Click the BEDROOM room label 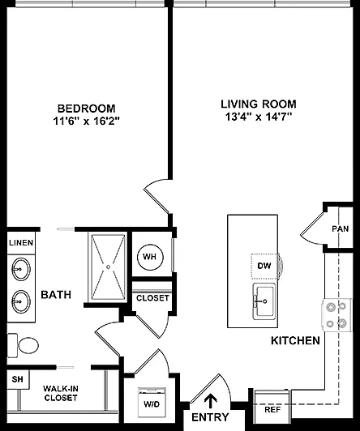coord(87,109)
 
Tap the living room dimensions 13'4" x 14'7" coord(259,117)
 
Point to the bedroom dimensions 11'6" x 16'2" coord(87,121)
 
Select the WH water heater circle coord(150,257)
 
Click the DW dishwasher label coord(264,266)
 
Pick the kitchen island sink coord(264,301)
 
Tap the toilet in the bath coord(23,345)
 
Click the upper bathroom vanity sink coord(21,269)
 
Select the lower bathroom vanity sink coord(21,301)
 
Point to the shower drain coord(108,267)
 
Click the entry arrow coord(211,401)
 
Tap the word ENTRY coord(210,417)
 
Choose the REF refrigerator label coord(272,410)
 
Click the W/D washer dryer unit coord(152,403)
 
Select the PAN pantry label coord(341,228)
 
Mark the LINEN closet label coord(21,243)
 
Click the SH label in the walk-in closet coord(17,379)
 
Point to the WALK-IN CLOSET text coord(61,393)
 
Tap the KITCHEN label coord(296,340)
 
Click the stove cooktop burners coord(336,315)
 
